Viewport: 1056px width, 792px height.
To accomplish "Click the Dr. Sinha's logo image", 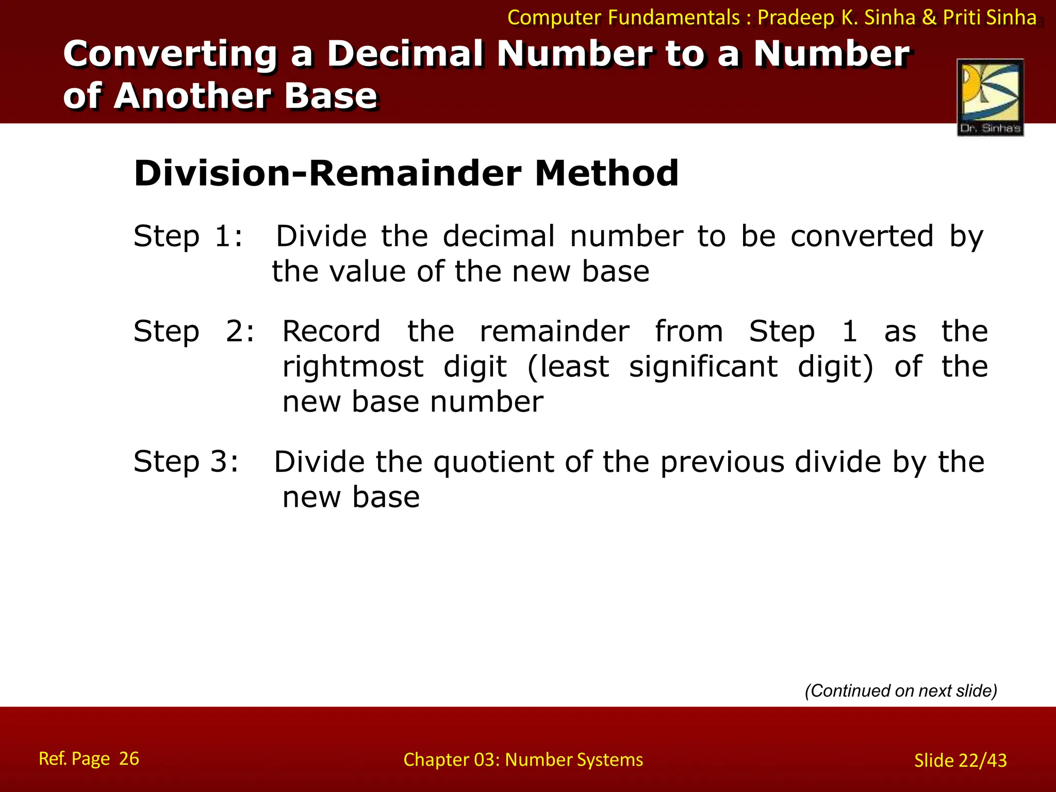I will click(x=990, y=97).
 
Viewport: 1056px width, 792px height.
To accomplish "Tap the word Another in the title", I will click(x=192, y=96).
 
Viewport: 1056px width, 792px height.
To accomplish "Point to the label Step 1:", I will click(x=188, y=237).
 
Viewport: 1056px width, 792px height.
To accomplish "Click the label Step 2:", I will click(x=194, y=331).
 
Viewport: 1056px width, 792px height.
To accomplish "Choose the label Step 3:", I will click(x=186, y=461).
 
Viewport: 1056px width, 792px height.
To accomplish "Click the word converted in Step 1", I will click(x=862, y=237).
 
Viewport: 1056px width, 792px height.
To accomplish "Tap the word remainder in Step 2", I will click(x=554, y=331).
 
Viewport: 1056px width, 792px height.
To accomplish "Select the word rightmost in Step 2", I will click(x=353, y=367).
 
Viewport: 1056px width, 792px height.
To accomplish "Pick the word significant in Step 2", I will click(x=703, y=367).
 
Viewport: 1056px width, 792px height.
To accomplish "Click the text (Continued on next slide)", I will click(x=901, y=690).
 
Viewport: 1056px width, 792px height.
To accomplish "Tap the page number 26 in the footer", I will click(x=129, y=758).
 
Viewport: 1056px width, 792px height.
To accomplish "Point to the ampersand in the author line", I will click(x=929, y=18).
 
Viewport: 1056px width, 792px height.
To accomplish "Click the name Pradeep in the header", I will click(x=796, y=18).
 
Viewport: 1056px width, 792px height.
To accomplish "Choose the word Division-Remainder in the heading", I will click(x=328, y=173).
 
